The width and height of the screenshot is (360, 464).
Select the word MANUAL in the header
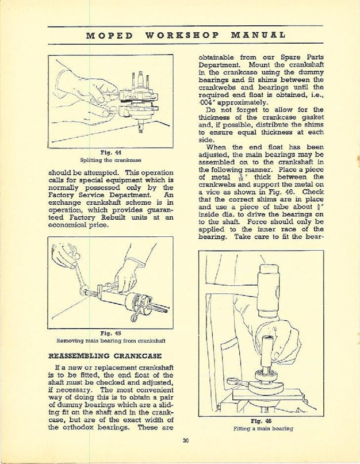click(250, 34)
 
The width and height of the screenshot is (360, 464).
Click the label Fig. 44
click(109, 151)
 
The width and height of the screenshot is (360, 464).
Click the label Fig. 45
click(109, 332)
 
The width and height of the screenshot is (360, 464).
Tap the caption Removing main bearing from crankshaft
click(109, 340)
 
